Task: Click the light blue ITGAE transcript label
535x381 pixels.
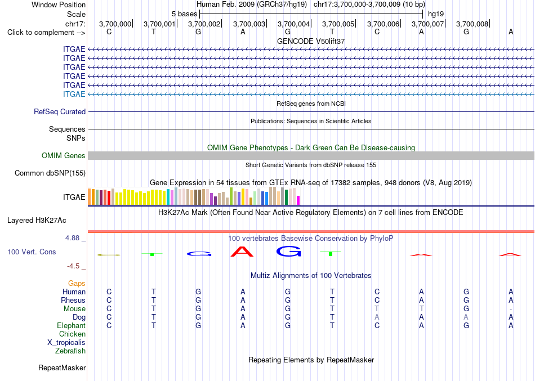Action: point(74,94)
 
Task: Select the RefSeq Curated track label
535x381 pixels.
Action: point(60,111)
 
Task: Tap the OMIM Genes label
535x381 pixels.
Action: point(64,155)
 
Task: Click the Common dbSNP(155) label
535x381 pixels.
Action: point(50,173)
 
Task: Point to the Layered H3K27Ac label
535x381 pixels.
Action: point(37,221)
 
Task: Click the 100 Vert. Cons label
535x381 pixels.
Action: point(32,252)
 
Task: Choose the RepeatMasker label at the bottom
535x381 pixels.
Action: point(62,367)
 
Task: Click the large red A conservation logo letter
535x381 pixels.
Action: point(242,252)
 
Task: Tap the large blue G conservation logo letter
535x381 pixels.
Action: point(289,252)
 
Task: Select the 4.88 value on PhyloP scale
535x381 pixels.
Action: point(72,237)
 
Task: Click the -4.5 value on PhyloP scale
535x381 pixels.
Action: point(73,266)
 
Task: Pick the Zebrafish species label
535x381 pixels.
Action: point(70,351)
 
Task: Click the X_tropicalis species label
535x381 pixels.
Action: point(66,343)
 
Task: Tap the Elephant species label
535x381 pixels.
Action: point(72,325)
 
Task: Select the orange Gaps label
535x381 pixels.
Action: point(77,283)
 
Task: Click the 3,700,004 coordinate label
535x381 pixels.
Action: point(293,24)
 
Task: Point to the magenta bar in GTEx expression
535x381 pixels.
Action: point(298,200)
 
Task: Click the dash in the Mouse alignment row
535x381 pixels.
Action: point(511,309)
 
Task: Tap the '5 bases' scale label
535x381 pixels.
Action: point(184,14)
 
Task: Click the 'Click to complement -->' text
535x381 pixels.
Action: point(46,33)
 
